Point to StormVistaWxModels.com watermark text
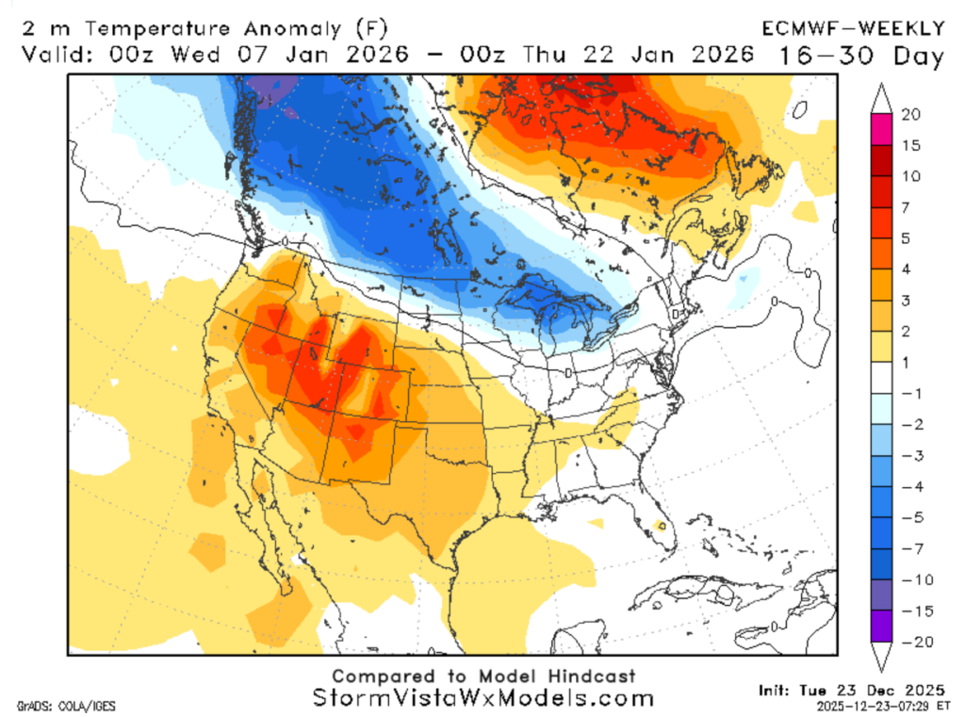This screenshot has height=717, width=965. pyautogui.click(x=482, y=698)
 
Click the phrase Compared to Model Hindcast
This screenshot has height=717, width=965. pyautogui.click(x=482, y=676)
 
